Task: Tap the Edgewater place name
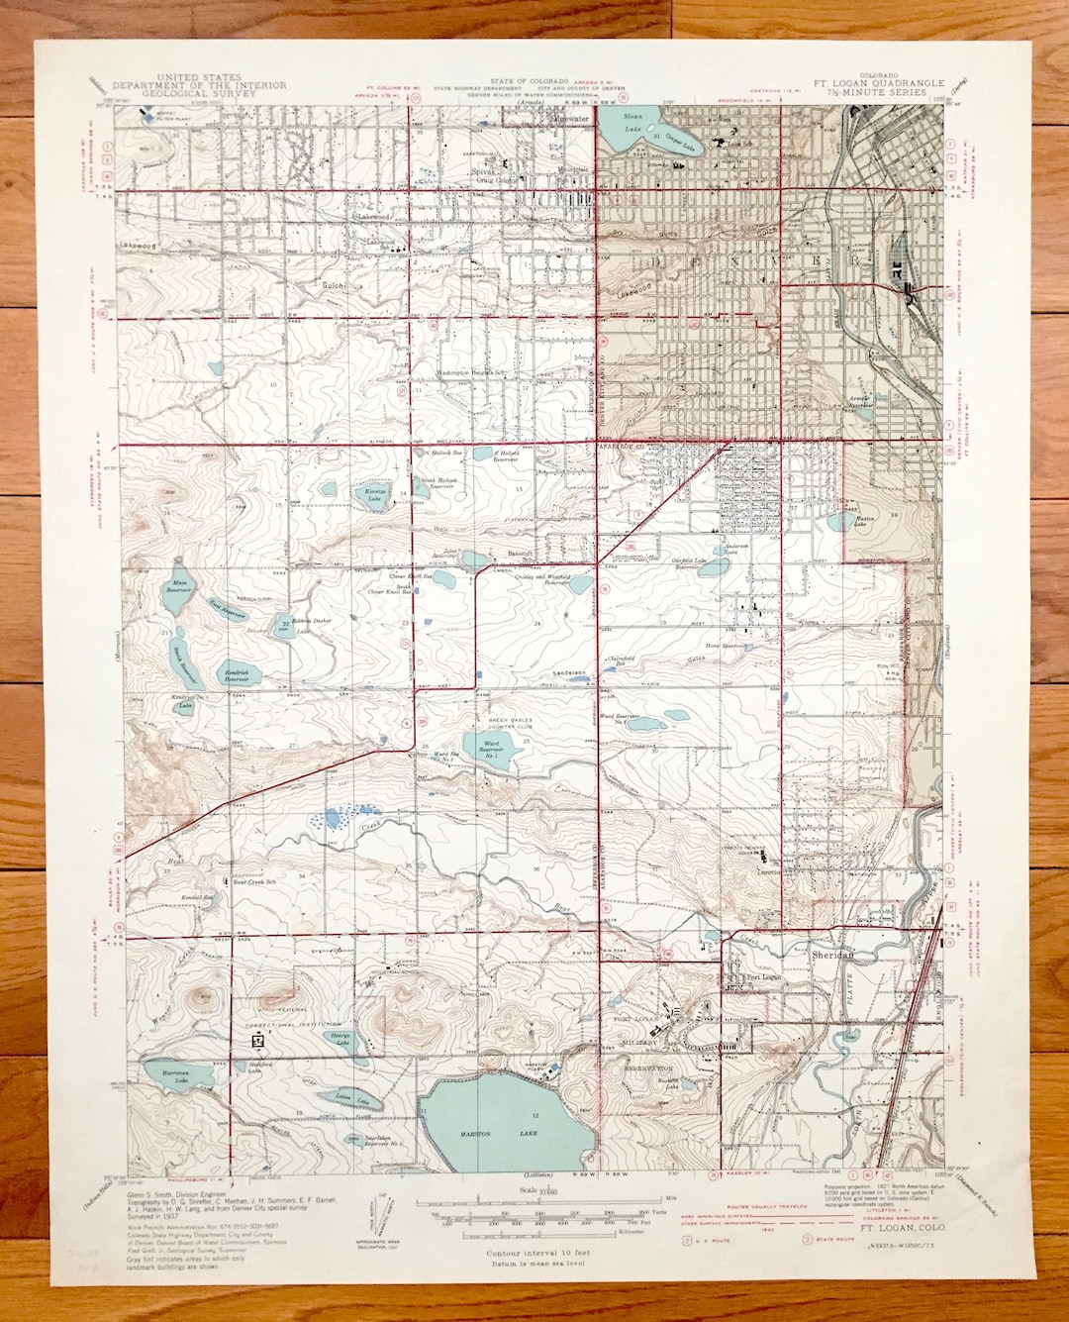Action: [571, 119]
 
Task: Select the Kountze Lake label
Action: [375, 494]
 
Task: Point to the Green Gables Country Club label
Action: [509, 724]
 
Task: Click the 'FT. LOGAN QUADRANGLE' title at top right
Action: [879, 84]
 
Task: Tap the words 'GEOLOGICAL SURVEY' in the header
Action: [199, 93]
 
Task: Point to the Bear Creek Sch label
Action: [253, 881]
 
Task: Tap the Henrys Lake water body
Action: [339, 1041]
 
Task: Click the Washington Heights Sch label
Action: [472, 373]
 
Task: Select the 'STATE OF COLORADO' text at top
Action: [529, 80]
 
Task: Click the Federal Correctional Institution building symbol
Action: [259, 1041]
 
